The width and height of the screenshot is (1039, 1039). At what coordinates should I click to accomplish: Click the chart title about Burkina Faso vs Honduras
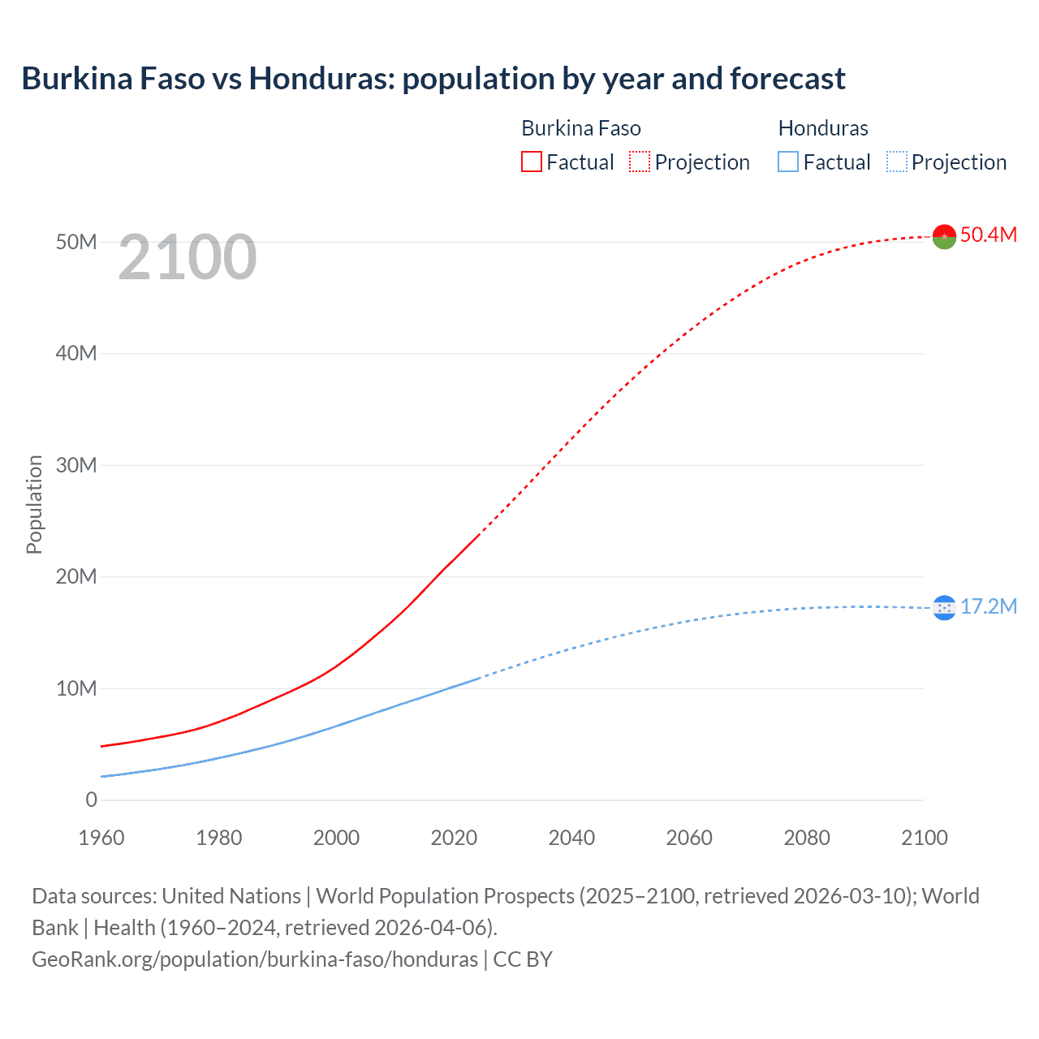tap(433, 79)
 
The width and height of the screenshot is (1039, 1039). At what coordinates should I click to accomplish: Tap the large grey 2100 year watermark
tap(188, 258)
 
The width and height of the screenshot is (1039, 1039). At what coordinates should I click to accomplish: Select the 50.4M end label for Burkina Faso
tap(988, 235)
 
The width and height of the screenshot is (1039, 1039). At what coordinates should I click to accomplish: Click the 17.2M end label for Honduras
tap(988, 606)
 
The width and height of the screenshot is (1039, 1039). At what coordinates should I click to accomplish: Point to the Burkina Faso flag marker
tap(944, 236)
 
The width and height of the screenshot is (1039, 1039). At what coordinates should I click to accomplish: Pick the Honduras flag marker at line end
tap(944, 607)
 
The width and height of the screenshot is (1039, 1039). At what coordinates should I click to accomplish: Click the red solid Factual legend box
tap(532, 162)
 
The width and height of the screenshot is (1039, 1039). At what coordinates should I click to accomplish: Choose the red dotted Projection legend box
tap(640, 162)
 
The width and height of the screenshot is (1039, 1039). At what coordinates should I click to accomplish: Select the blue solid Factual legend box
tap(788, 162)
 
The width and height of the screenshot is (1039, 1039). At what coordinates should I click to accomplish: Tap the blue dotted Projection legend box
tap(897, 162)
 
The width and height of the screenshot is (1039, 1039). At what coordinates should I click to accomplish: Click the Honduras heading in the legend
tap(823, 128)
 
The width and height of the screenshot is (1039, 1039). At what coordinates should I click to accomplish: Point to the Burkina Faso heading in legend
tap(581, 128)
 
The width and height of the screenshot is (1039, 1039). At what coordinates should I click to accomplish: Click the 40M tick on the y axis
tap(76, 353)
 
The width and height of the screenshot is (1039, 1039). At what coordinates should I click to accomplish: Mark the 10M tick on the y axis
tap(76, 688)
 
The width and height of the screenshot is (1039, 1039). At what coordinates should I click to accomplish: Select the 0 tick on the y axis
tap(91, 800)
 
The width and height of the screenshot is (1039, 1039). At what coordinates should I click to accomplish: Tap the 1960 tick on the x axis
tap(101, 838)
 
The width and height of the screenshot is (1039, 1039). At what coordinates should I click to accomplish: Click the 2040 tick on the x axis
tap(571, 838)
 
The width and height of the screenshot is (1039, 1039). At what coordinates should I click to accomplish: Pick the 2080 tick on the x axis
tap(807, 838)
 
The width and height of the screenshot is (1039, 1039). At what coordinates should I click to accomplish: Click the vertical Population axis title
tap(34, 504)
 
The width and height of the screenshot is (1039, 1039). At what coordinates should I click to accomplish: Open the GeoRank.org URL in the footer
tap(255, 959)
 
